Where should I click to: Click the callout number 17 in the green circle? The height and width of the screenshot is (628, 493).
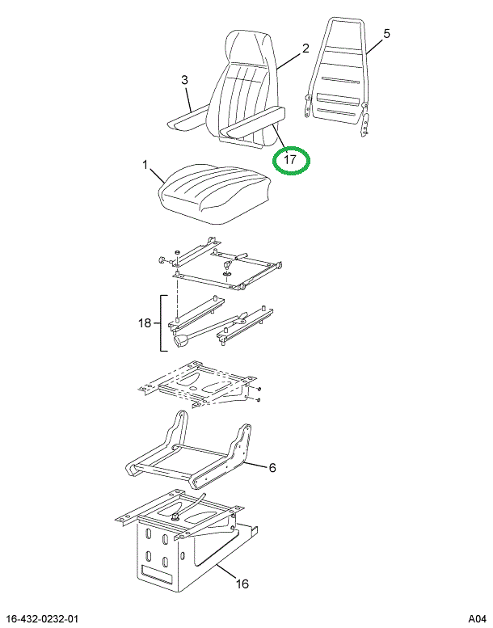click(291, 161)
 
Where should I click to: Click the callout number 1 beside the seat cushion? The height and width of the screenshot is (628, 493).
click(145, 166)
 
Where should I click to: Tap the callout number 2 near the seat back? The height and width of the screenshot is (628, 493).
click(305, 48)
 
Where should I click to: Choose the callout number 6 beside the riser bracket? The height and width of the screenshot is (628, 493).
click(272, 467)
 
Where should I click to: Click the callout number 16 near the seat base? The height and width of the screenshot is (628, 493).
click(242, 584)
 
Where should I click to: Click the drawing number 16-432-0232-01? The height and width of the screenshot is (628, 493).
click(50, 618)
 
